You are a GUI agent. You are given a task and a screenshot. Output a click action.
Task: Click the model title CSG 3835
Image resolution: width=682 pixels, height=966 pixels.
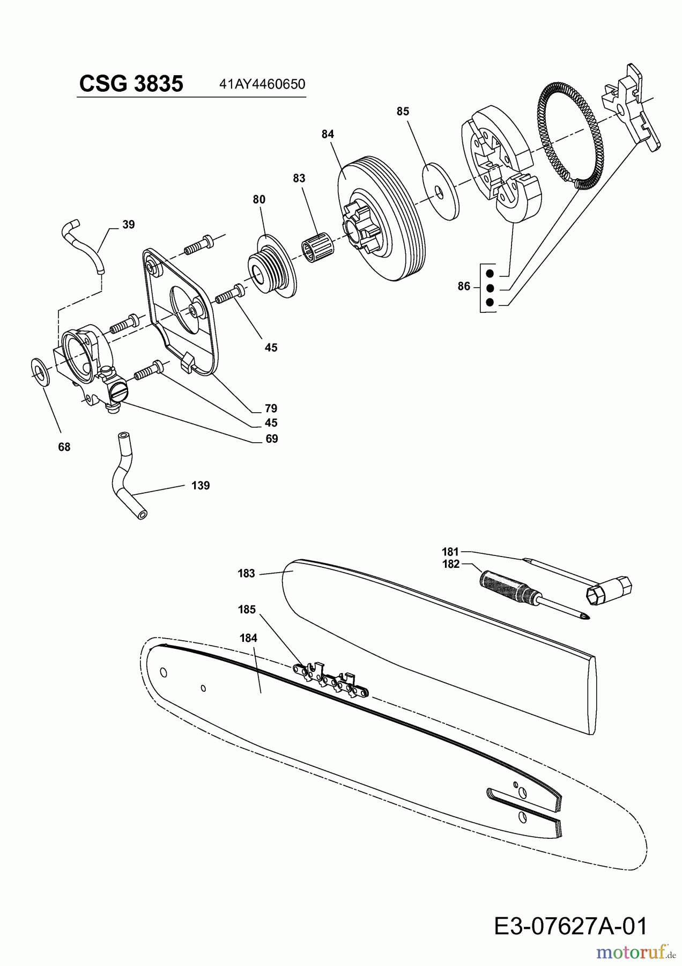pyautogui.click(x=131, y=84)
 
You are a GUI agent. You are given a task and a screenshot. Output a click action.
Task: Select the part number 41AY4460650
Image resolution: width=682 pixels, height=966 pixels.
pyautogui.click(x=262, y=84)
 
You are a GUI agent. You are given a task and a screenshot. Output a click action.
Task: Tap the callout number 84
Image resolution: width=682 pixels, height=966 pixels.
pyautogui.click(x=328, y=134)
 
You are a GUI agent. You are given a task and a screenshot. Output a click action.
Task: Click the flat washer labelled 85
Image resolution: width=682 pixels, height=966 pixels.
pyautogui.click(x=441, y=191)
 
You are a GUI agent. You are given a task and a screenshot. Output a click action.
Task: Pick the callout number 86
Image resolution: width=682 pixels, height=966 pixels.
pyautogui.click(x=464, y=287)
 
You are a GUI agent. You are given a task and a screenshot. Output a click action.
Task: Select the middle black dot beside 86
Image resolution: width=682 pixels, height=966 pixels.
pyautogui.click(x=489, y=288)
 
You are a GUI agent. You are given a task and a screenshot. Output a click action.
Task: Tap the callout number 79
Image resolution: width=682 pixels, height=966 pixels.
pyautogui.click(x=271, y=408)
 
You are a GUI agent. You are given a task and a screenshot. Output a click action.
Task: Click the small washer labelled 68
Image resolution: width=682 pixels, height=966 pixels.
pyautogui.click(x=40, y=370)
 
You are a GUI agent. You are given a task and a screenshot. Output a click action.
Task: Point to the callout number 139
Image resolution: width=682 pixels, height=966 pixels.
pyautogui.click(x=201, y=486)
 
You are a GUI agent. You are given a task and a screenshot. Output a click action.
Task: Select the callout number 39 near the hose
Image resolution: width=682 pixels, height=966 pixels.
pyautogui.click(x=128, y=225)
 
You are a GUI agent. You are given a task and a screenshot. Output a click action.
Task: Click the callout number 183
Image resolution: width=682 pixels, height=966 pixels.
pyautogui.click(x=246, y=574)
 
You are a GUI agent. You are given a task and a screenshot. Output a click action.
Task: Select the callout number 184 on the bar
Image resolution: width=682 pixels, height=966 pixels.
pyautogui.click(x=248, y=638)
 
